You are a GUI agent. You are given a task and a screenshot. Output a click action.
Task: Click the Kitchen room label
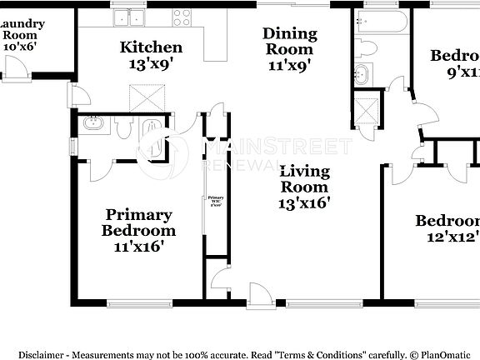[150, 47]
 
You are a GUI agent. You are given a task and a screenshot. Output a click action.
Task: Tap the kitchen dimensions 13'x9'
[150, 63]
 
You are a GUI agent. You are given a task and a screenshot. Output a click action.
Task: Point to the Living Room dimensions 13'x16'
[304, 202]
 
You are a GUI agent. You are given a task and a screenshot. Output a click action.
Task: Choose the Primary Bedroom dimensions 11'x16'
[138, 246]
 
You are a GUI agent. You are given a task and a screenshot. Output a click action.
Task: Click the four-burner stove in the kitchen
[181, 18]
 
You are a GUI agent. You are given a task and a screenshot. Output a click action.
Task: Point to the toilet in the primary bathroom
[122, 127]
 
